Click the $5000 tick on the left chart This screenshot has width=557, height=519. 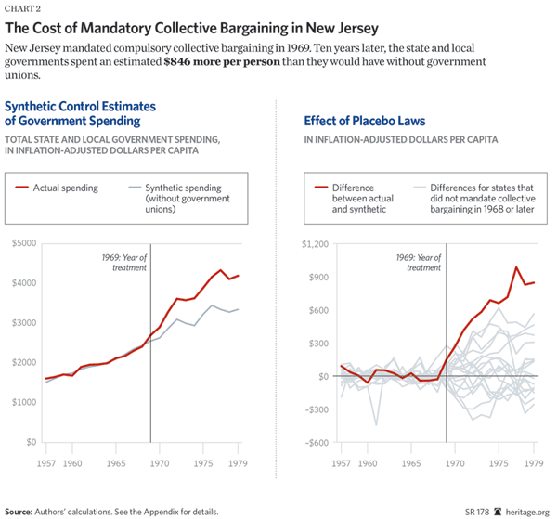[24, 243]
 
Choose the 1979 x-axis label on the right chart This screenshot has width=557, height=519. [534, 461]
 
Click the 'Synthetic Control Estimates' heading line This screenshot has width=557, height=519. [84, 105]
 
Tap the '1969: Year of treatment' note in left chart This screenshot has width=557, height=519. [124, 262]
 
